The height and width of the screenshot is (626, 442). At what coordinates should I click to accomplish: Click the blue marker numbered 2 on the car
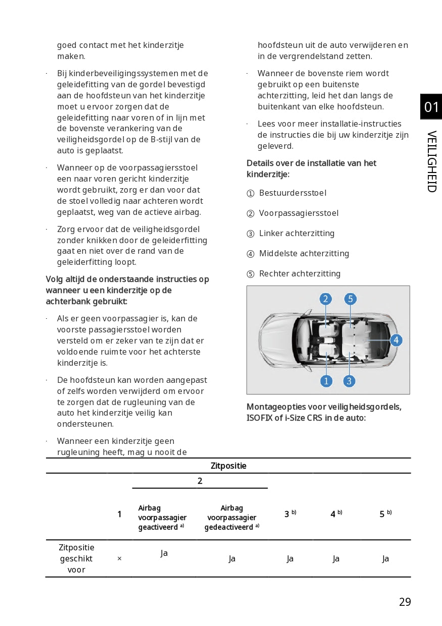tap(326, 299)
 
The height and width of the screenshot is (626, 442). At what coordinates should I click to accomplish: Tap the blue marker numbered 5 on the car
tap(351, 299)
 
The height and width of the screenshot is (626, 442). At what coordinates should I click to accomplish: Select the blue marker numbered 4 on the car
tap(396, 340)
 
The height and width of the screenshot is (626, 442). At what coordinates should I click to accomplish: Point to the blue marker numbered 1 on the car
tap(326, 381)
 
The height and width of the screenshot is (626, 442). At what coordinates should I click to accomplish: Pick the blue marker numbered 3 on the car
tap(349, 381)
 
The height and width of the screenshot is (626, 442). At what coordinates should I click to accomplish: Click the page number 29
tap(405, 602)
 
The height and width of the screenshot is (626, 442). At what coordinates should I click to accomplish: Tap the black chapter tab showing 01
tap(431, 107)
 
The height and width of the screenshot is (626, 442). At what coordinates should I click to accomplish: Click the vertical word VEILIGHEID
tap(431, 161)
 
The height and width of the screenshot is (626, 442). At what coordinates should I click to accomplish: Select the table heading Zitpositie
tap(228, 466)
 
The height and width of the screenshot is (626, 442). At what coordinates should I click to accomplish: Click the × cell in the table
tap(119, 558)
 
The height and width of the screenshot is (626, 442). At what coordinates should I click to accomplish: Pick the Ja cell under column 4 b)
tap(336, 558)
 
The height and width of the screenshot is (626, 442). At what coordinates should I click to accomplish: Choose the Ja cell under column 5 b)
tap(385, 558)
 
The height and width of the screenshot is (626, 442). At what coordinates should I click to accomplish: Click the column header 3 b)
tap(290, 514)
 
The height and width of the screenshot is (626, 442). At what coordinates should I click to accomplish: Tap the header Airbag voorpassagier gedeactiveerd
tap(231, 518)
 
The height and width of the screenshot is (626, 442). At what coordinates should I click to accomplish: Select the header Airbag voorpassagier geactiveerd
tap(162, 518)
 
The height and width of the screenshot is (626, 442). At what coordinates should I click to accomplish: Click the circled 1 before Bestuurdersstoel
tap(251, 193)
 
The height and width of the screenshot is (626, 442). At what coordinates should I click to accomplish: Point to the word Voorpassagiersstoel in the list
tap(299, 213)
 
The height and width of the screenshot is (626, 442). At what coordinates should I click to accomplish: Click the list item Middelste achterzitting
tap(304, 253)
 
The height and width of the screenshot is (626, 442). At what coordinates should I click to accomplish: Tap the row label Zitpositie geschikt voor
tap(76, 558)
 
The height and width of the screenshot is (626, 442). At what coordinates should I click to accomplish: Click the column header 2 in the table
tap(200, 481)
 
